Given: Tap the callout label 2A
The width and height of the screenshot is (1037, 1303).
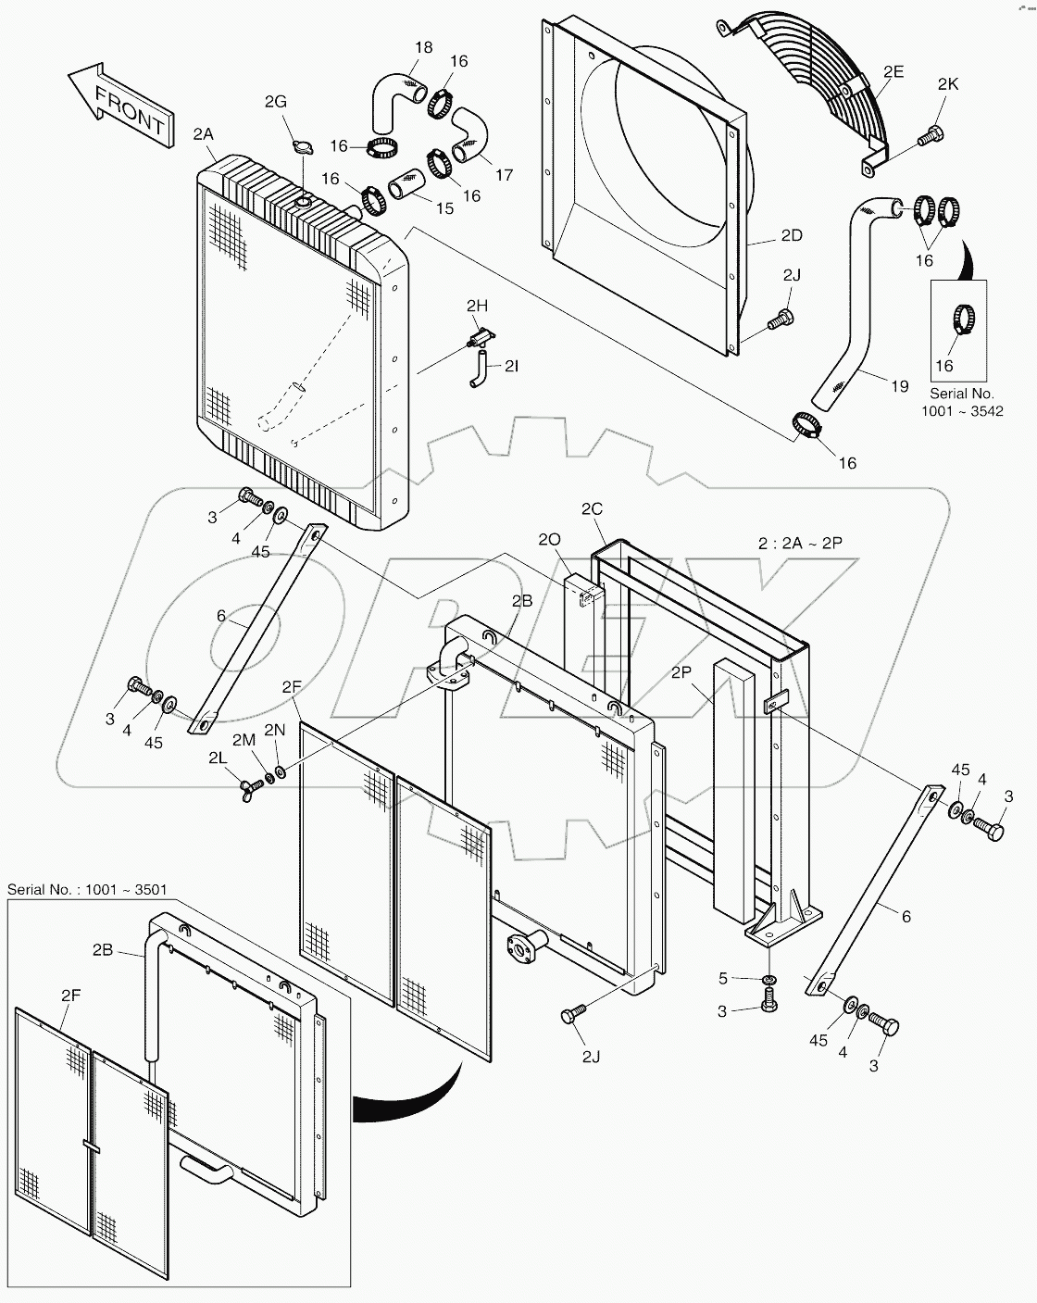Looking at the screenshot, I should click(x=204, y=134).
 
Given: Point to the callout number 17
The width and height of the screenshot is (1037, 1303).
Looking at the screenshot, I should click(x=505, y=173).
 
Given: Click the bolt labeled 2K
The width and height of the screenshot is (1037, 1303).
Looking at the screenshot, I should click(x=929, y=137).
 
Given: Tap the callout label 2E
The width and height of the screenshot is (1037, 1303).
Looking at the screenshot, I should click(x=893, y=70).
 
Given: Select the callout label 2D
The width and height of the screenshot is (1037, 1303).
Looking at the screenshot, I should click(x=791, y=235).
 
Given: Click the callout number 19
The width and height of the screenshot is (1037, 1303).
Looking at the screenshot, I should click(x=899, y=387).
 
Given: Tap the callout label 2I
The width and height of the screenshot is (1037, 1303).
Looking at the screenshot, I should click(x=512, y=366).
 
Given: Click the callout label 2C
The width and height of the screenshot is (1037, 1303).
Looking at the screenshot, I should click(x=592, y=508).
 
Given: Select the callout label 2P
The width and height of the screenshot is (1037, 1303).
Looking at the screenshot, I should click(x=682, y=673).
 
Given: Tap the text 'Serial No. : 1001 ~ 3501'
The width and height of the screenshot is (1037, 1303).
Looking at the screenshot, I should click(x=87, y=890).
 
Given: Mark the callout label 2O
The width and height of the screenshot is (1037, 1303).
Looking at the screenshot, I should click(x=549, y=540).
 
